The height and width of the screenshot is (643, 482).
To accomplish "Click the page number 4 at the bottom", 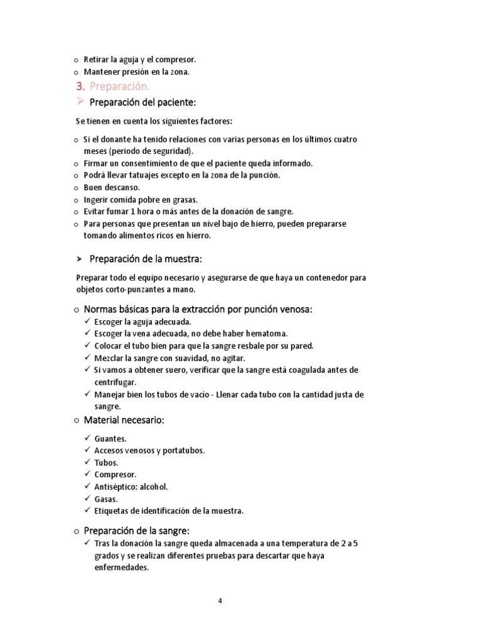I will click(x=220, y=600).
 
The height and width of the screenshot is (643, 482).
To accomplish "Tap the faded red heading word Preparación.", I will click(x=120, y=86).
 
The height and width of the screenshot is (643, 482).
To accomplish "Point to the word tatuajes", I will click(x=148, y=175).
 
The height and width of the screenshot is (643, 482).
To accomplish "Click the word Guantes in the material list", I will click(x=110, y=439).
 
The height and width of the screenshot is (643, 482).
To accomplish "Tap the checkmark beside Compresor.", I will click(x=87, y=474).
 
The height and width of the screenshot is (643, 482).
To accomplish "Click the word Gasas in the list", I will click(x=106, y=499).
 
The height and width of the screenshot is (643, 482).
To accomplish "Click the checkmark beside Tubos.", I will click(x=87, y=462).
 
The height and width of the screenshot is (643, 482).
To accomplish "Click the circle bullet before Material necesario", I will click(x=76, y=420).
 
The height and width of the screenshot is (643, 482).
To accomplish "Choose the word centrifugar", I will click(x=115, y=382).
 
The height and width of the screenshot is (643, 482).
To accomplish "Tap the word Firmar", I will click(x=96, y=163).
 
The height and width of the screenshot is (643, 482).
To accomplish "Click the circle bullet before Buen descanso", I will click(x=76, y=188).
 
